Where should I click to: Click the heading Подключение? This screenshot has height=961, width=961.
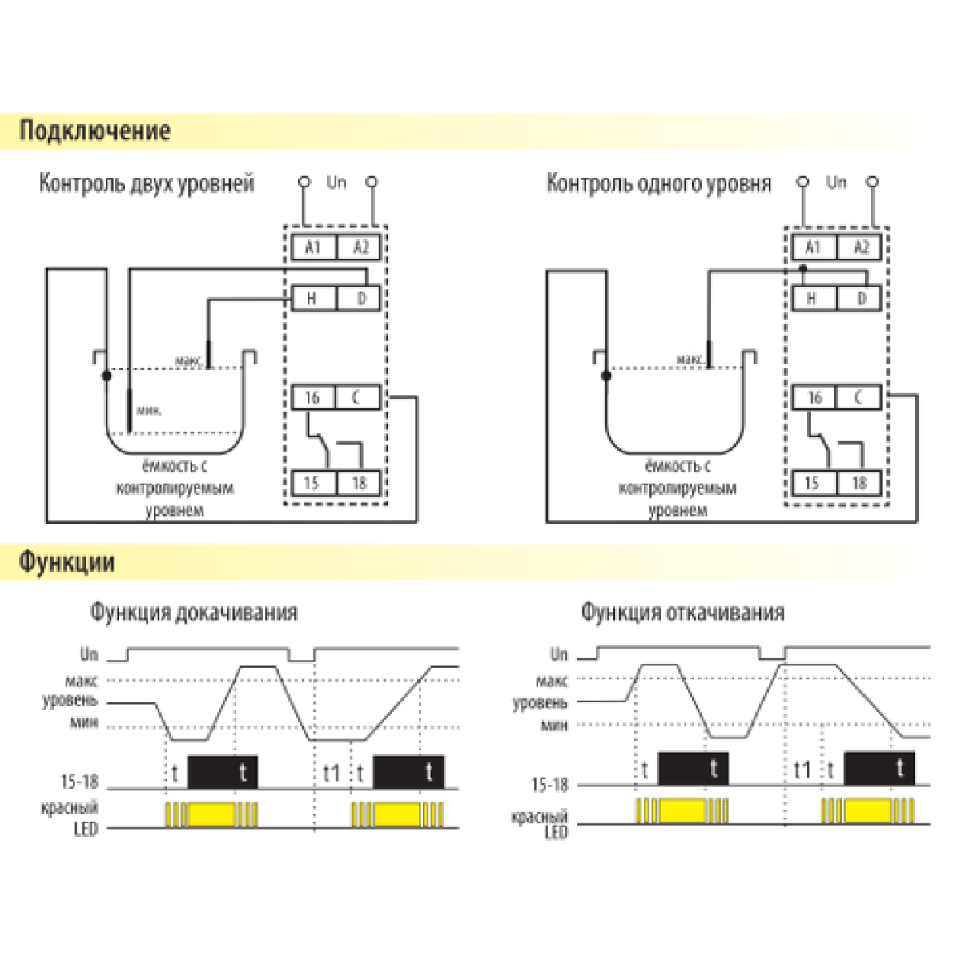pos(94,131)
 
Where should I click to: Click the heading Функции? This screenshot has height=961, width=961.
pos(67,562)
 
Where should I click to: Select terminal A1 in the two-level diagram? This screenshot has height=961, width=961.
pos(312,247)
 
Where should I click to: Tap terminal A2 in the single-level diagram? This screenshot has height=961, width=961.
pos(861,247)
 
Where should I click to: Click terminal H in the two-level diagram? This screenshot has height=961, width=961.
pos(312,299)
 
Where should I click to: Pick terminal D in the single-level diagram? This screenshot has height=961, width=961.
pos(861,299)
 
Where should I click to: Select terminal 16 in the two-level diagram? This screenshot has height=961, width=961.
pos(312,397)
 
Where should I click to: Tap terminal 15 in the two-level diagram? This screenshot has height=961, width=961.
pos(312,483)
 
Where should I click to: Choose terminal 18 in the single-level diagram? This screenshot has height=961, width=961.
pos(859,483)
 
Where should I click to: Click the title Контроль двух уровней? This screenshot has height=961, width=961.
pos(147,183)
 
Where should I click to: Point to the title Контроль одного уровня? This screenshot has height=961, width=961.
pos(658,183)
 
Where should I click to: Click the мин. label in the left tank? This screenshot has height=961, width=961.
pos(149,411)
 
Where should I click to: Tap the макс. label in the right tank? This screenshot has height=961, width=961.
pos(690,360)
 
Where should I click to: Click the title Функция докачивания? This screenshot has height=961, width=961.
pos(193,613)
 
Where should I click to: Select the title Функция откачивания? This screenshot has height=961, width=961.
pos(682,613)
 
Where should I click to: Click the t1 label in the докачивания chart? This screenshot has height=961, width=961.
pos(332,774)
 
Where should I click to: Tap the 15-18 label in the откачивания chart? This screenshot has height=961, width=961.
pos(549,785)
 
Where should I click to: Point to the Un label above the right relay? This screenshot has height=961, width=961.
pos(836,183)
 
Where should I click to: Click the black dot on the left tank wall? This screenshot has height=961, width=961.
pos(106,375)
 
